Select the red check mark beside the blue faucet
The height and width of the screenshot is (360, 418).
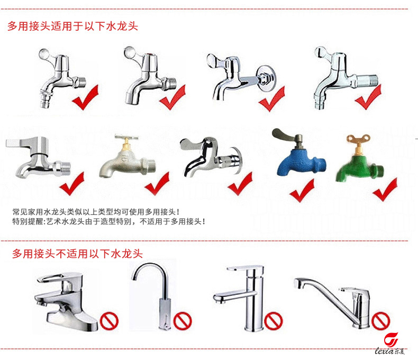[x=302, y=191]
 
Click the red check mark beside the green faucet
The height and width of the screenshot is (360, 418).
[x=385, y=190]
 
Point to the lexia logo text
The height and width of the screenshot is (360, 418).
[x=389, y=351]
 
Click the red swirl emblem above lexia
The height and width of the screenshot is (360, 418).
[x=391, y=339]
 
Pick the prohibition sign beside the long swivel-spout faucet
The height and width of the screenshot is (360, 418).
[x=380, y=321]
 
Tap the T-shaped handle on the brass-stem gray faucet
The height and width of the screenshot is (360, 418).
[x=126, y=138]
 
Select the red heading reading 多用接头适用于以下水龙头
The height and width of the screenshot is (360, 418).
[x=72, y=26]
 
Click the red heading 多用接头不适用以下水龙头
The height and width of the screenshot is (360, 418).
[x=77, y=254]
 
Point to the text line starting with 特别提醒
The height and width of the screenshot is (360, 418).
[x=109, y=221]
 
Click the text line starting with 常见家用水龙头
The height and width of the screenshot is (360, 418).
[x=96, y=212]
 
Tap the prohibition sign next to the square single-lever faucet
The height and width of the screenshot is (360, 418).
[x=274, y=321]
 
